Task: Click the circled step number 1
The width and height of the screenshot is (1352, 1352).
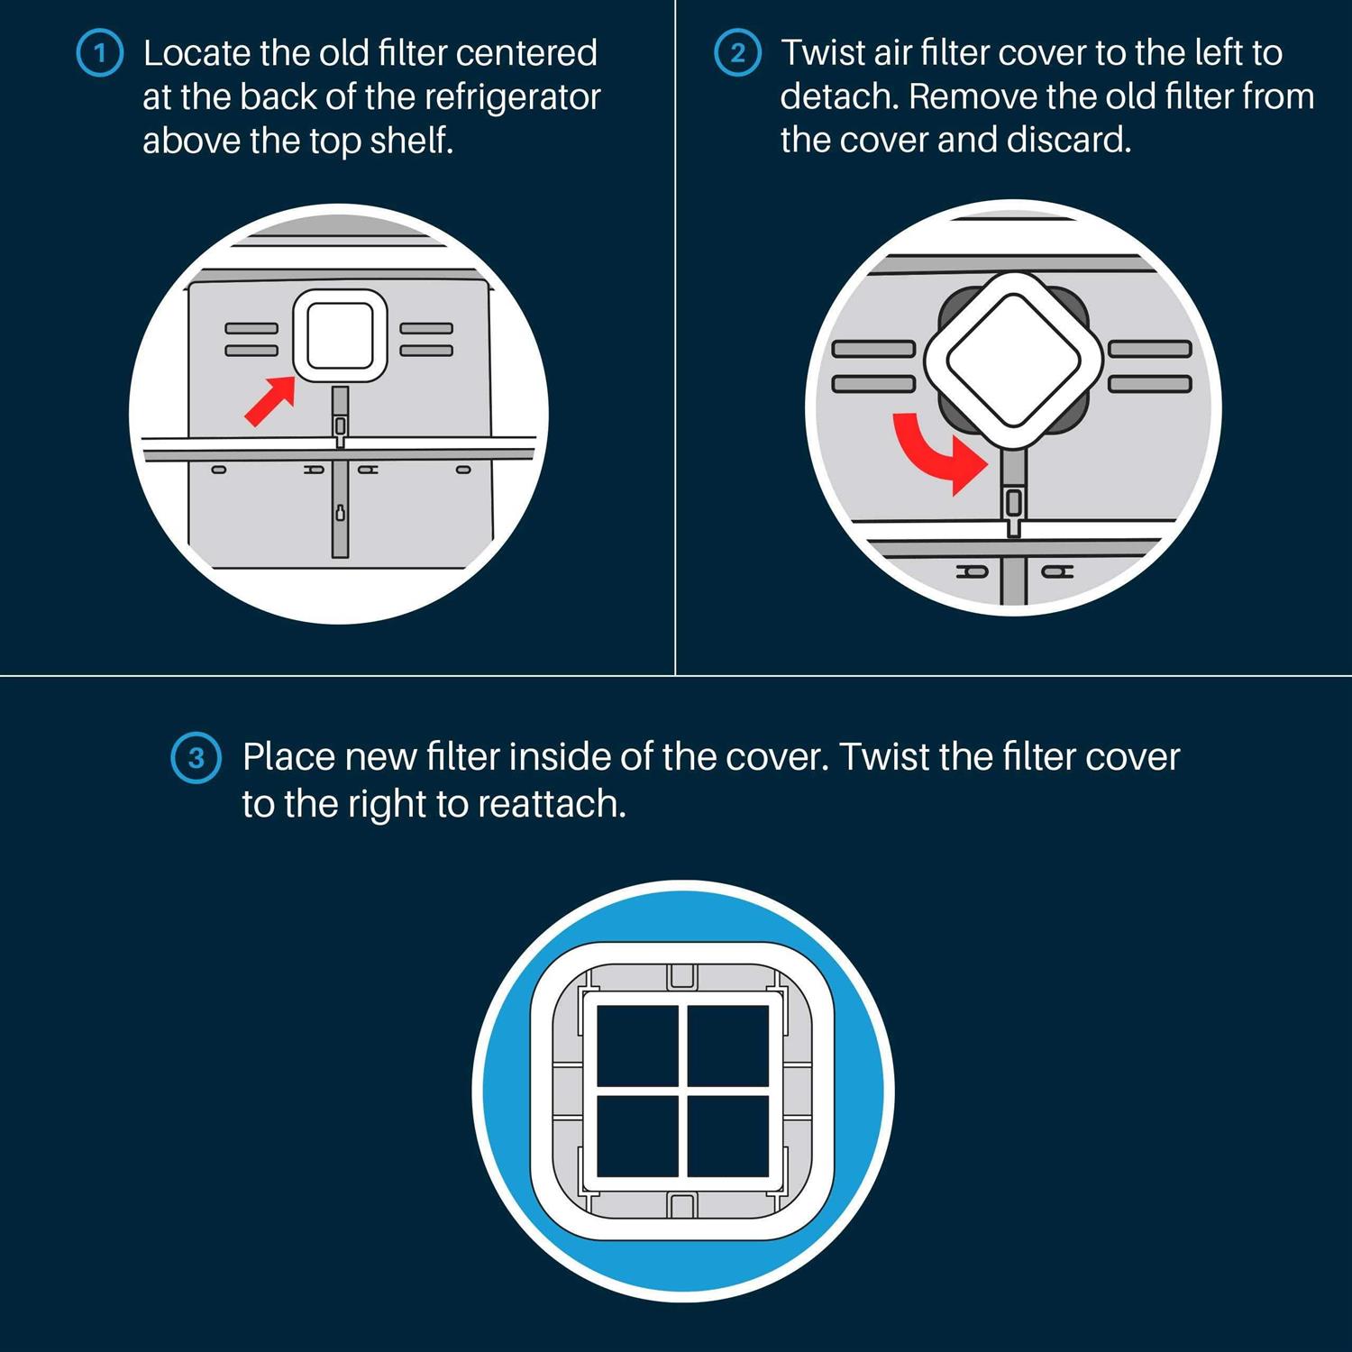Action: point(100,53)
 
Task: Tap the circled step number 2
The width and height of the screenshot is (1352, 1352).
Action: point(737,53)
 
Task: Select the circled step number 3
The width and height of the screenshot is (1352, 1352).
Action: point(196,758)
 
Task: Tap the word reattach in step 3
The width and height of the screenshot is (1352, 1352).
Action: point(552,804)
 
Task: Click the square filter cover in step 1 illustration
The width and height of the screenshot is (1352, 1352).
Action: point(340,336)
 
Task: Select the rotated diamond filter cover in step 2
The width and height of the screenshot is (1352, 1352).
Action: point(1013,361)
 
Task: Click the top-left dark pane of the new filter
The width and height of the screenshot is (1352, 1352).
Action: point(636,1046)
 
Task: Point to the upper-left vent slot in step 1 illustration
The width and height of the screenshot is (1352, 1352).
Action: point(251,328)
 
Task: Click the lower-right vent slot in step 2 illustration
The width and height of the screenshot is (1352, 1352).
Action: point(1150,384)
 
